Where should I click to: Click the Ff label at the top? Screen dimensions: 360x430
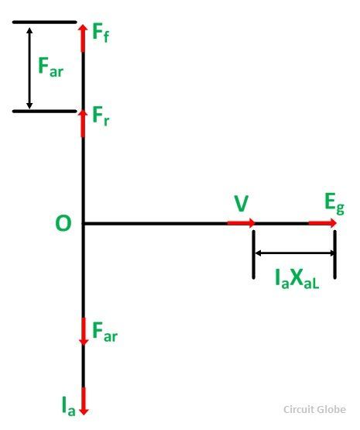101,33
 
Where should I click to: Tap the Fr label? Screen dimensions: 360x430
101,116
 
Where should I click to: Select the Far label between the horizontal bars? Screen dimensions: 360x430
51,67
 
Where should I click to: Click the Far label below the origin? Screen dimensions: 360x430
105,332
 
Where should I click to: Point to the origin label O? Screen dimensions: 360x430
63,223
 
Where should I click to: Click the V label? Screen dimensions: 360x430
242,204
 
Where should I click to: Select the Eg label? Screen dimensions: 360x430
334,205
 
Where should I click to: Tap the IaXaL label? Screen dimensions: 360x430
297,279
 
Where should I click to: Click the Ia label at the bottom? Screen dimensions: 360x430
68,406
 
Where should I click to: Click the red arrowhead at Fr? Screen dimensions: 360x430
83,114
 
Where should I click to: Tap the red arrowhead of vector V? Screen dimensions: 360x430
251,223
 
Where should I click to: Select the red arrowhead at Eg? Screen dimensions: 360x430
332,223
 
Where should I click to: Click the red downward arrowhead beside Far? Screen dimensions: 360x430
84,341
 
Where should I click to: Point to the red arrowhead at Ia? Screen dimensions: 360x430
84,411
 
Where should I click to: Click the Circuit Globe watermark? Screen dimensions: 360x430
314,409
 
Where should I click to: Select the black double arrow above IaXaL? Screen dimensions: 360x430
294,253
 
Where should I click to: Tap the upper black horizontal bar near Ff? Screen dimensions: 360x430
45,22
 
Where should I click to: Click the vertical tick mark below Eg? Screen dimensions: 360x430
334,254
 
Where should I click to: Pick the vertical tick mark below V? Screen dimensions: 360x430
254,254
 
